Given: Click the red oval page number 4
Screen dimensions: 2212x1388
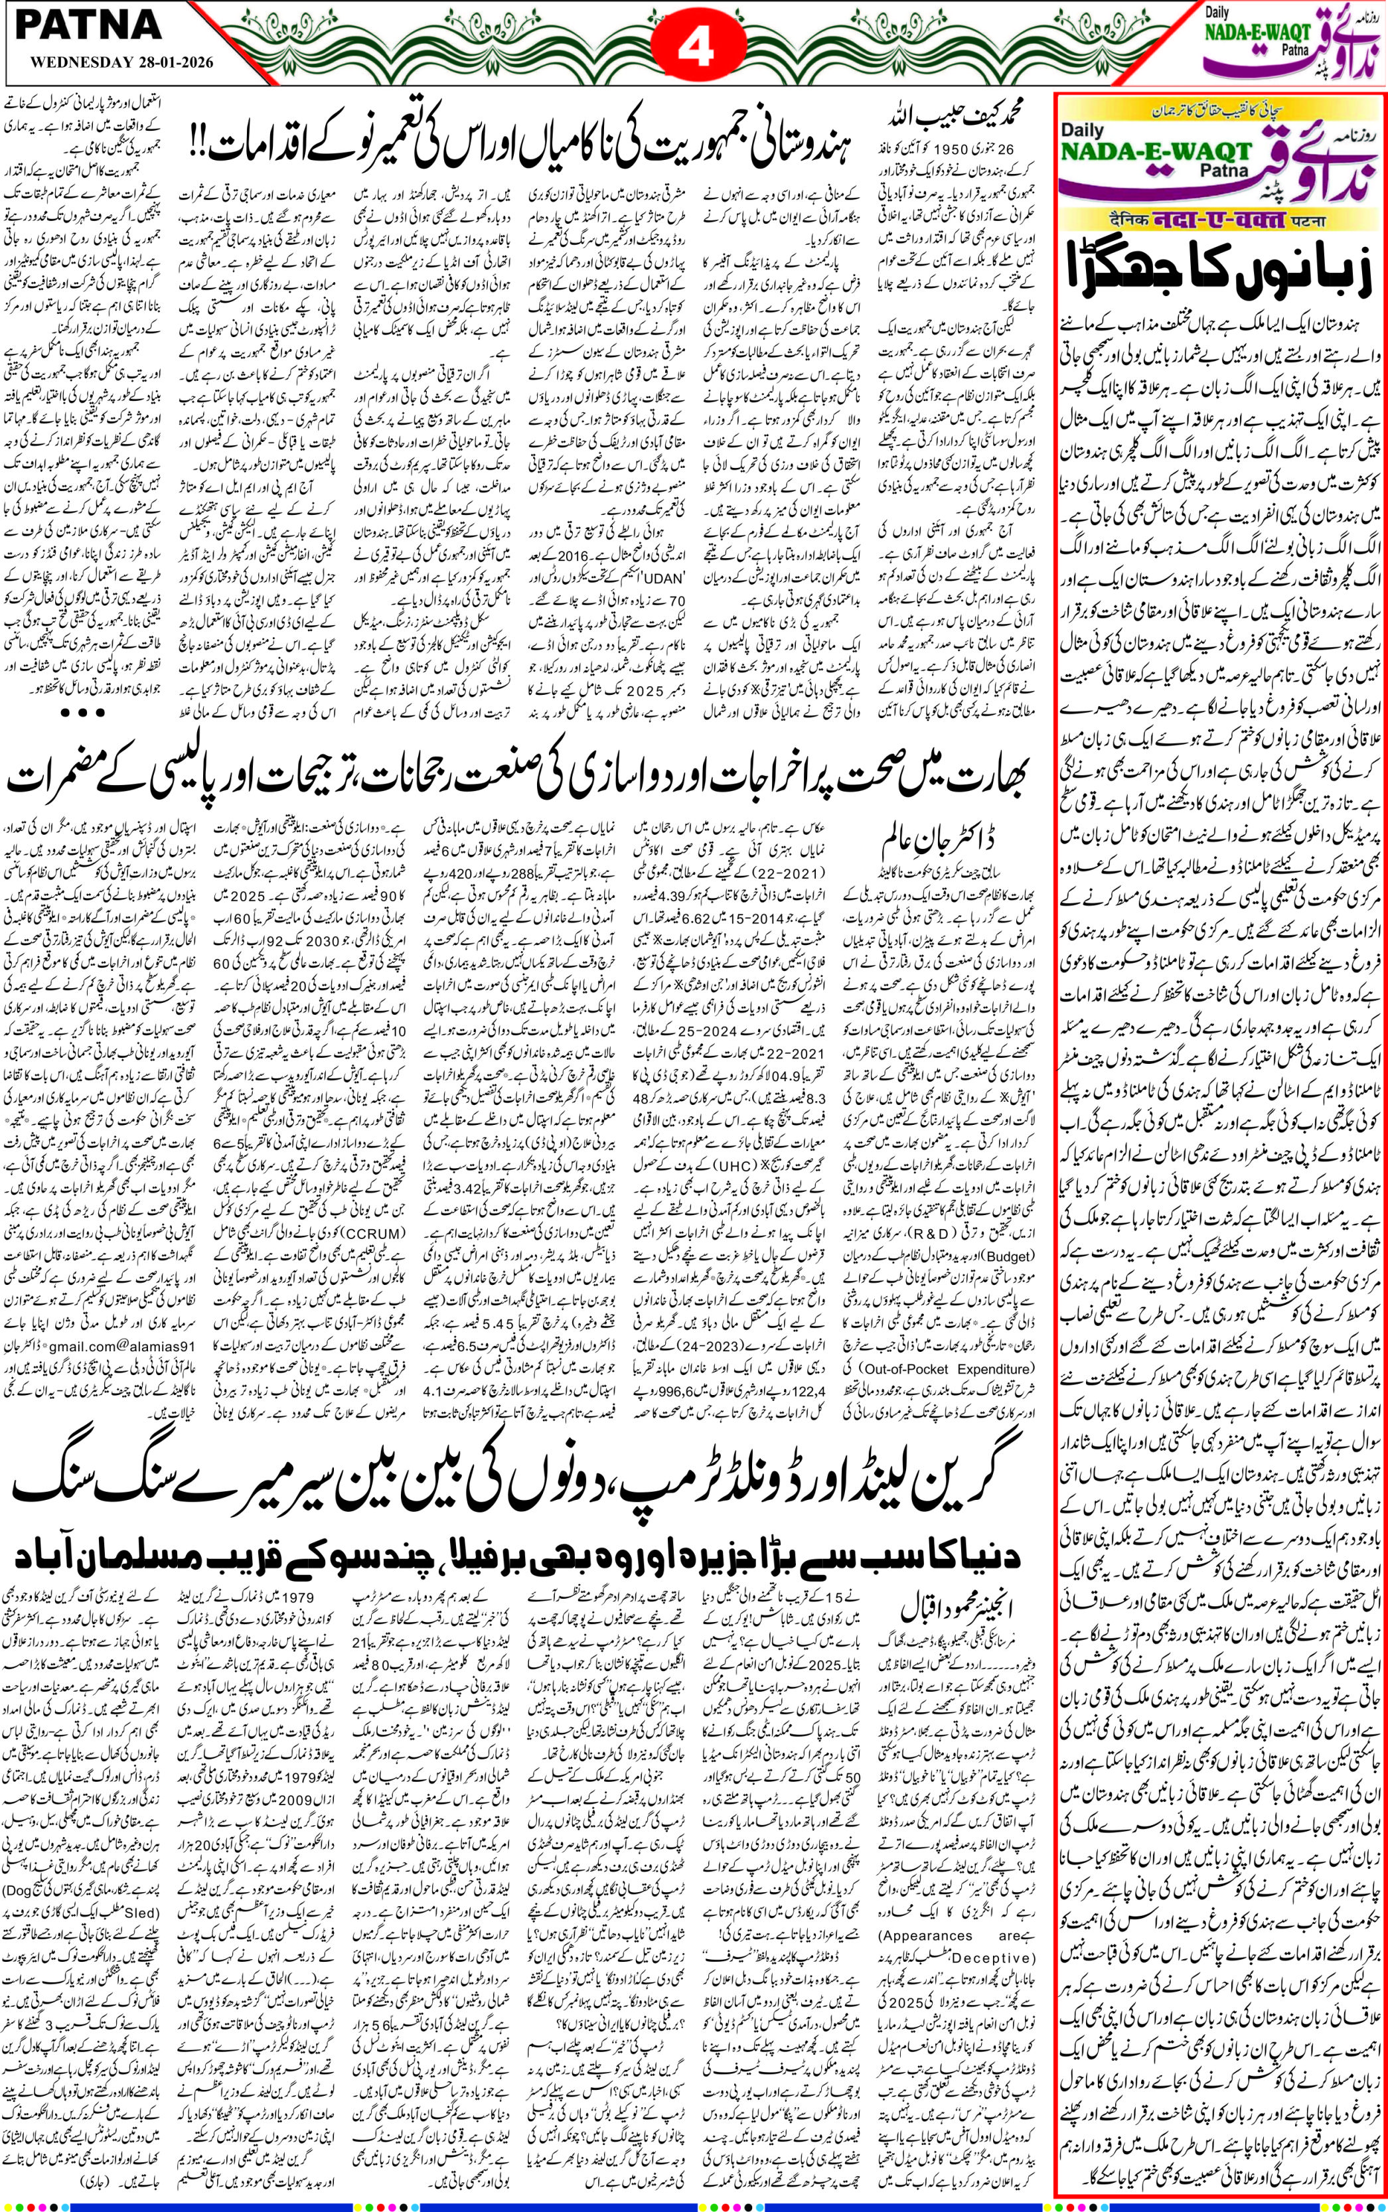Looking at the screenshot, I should click(694, 47).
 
